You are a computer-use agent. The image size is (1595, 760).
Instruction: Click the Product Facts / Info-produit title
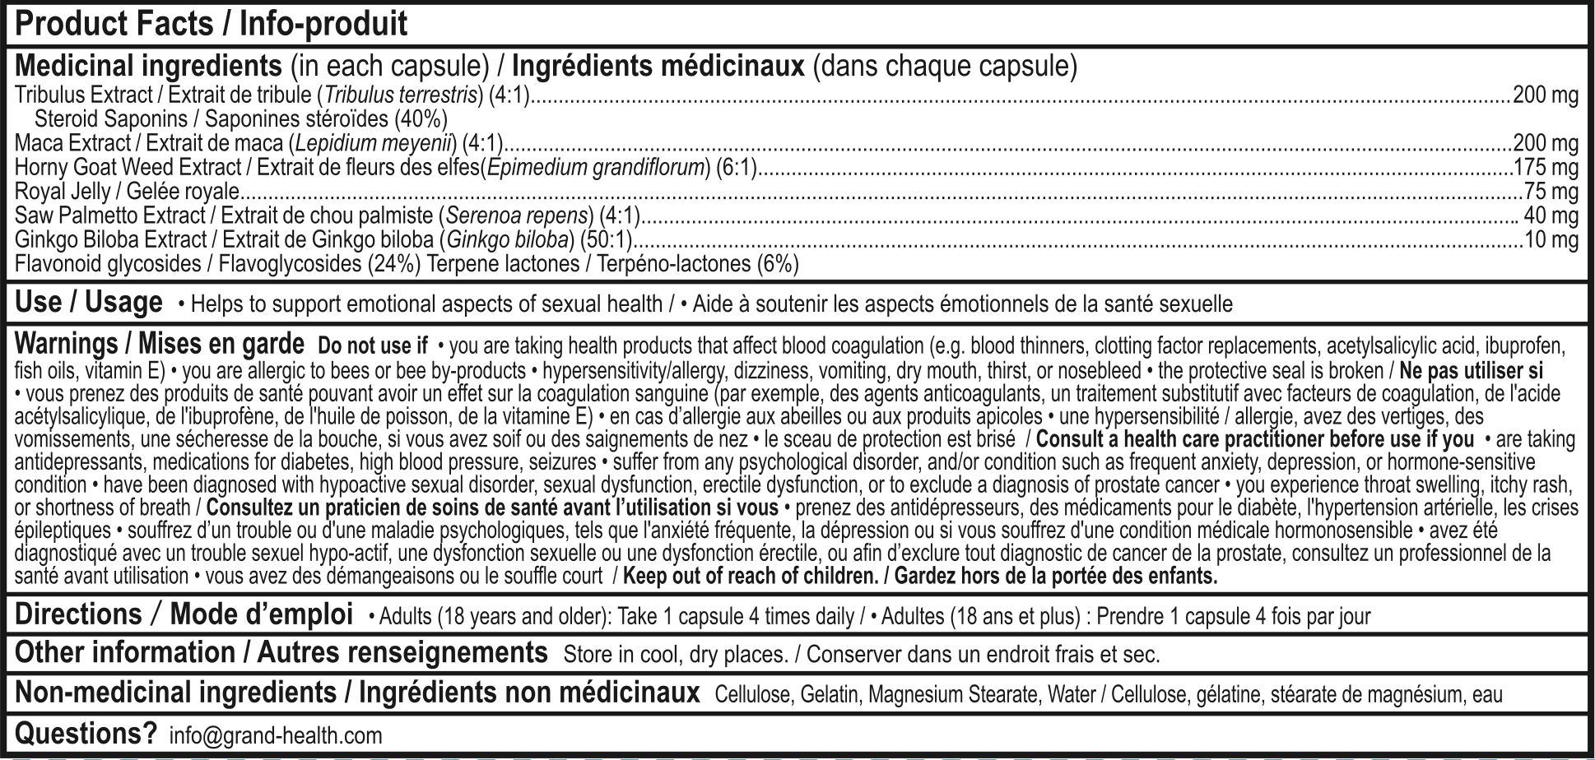click(211, 25)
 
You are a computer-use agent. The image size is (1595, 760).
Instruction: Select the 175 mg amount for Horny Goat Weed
click(1546, 168)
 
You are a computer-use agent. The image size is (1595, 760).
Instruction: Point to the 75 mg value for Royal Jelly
click(1551, 192)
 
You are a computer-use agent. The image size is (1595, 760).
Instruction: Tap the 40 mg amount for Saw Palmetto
click(1551, 215)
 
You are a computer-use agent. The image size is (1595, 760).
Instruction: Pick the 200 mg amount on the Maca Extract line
click(1546, 143)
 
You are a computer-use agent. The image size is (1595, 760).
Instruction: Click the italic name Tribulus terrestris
click(402, 95)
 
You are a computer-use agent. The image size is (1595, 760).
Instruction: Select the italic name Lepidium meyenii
click(373, 143)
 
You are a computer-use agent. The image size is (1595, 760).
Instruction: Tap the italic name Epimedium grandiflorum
click(596, 168)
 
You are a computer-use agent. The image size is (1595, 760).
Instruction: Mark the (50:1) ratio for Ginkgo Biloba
click(606, 239)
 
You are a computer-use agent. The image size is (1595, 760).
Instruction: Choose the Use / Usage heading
click(89, 303)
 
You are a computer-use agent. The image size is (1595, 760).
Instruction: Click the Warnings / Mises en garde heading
click(160, 343)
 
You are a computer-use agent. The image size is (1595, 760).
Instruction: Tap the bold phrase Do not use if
click(373, 345)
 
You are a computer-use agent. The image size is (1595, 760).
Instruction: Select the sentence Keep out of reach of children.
click(750, 576)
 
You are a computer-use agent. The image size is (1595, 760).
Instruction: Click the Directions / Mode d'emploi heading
click(184, 614)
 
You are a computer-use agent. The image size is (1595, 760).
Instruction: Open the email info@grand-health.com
click(276, 735)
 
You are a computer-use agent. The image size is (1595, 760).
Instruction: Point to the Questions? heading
click(86, 733)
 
